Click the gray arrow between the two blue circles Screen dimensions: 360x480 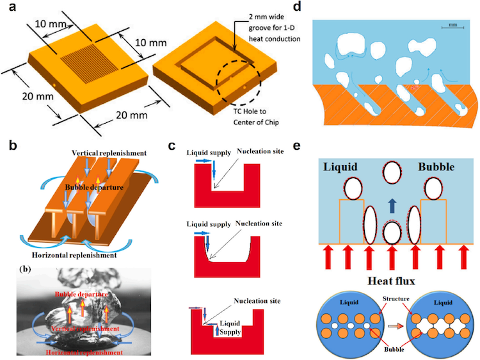click(390, 325)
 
